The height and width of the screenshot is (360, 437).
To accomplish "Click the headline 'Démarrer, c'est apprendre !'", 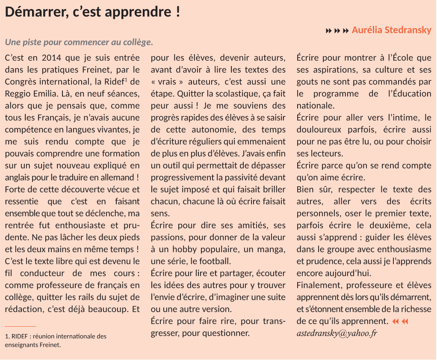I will click(92, 12).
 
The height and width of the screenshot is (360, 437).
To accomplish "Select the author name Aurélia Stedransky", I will click(391, 30).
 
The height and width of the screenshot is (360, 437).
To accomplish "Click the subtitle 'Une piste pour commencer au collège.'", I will click(79, 43).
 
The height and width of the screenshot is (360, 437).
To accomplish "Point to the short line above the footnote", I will click(21, 327).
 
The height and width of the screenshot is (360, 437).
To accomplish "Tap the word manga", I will click(272, 249).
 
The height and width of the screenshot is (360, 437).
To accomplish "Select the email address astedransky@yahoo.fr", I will click(337, 333).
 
